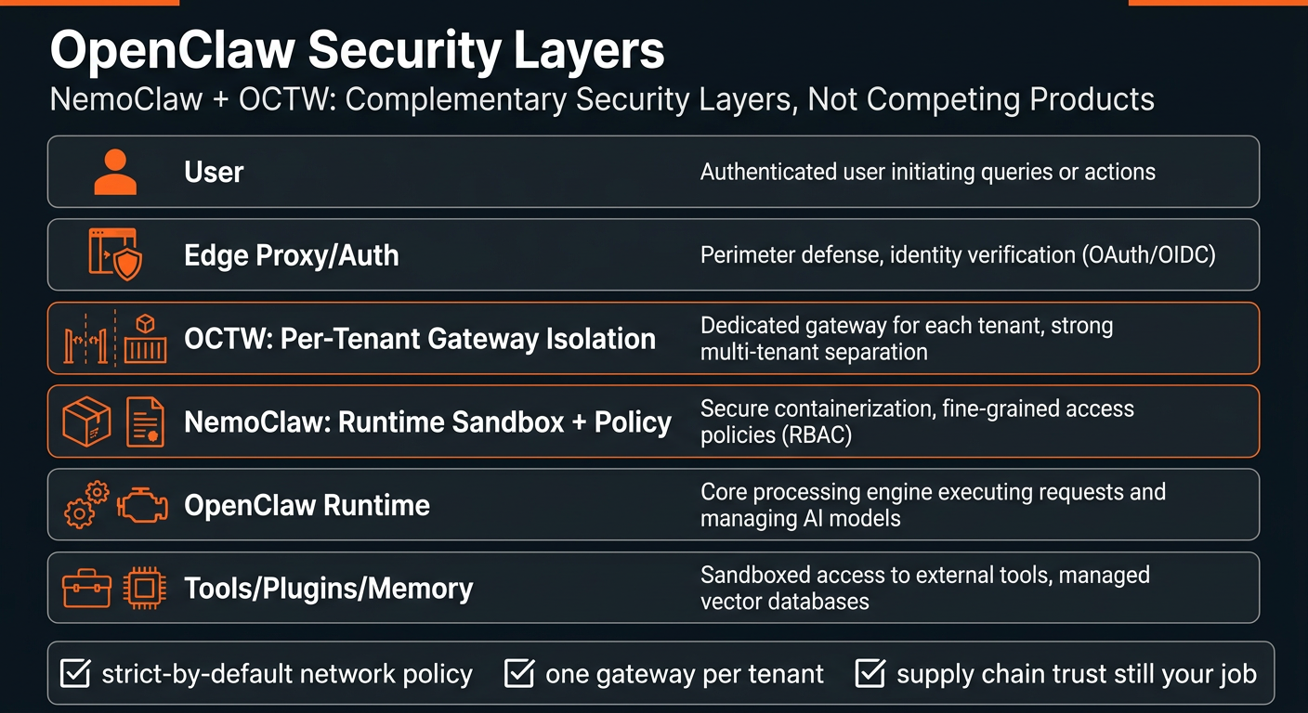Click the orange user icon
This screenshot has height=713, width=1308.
(115, 173)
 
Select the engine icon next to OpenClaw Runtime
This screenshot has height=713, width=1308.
(142, 506)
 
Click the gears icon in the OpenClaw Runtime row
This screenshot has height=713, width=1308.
(86, 505)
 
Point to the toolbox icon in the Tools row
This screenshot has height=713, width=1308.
(86, 589)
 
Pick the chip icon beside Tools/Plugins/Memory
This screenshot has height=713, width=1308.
(144, 589)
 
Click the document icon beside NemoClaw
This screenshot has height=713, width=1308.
(143, 421)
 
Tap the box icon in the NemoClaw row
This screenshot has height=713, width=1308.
(86, 421)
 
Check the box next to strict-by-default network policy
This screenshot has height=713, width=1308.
(74, 673)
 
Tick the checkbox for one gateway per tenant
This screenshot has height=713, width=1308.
(518, 673)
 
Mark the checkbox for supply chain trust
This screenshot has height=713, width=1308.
(870, 673)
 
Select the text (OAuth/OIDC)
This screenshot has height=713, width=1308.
(1148, 255)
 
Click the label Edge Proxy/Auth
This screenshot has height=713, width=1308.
(292, 255)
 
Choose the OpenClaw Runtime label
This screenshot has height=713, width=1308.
(307, 506)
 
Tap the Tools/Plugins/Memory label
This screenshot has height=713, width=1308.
(329, 589)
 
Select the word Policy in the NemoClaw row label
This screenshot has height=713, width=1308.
(633, 422)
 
